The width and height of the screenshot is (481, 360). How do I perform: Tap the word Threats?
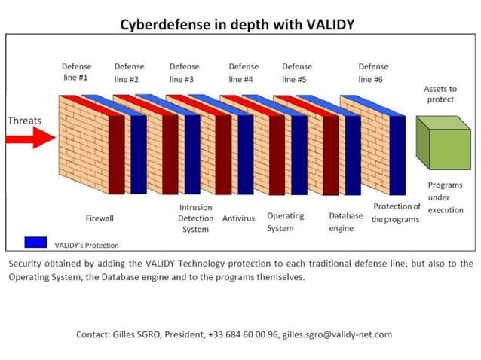click(x=25, y=121)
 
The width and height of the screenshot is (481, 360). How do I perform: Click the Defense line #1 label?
click(x=75, y=72)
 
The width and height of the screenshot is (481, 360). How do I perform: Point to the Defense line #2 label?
click(x=129, y=72)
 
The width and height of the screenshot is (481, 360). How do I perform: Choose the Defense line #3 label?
click(x=184, y=72)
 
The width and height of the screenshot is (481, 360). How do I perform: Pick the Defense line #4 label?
click(x=243, y=72)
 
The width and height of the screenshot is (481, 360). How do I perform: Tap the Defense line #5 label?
click(x=297, y=72)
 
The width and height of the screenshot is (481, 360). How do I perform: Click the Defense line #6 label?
click(x=373, y=72)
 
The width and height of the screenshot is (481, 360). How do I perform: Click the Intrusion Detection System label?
click(x=195, y=218)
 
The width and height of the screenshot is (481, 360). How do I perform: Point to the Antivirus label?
click(x=238, y=218)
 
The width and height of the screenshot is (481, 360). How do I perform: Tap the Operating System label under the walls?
click(x=285, y=221)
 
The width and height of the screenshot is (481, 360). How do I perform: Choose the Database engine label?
click(x=345, y=222)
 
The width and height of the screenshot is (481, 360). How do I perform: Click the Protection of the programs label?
click(x=396, y=212)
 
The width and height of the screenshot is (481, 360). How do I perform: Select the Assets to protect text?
click(x=440, y=94)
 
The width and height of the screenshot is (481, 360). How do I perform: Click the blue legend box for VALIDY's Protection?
click(x=36, y=243)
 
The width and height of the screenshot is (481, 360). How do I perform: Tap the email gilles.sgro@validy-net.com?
click(x=336, y=334)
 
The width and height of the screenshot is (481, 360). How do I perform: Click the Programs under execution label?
click(x=445, y=197)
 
